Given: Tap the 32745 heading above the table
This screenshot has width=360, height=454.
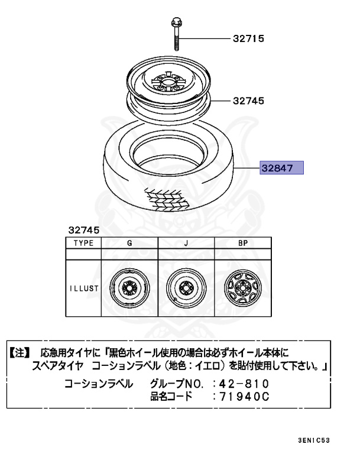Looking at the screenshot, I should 84,229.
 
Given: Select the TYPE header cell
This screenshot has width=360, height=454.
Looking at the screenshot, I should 83,243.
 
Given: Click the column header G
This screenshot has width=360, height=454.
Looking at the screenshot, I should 129,243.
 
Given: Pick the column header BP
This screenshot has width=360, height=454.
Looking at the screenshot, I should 242,243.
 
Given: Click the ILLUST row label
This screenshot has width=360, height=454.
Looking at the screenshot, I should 83,290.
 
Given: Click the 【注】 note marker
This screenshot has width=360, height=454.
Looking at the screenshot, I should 19,352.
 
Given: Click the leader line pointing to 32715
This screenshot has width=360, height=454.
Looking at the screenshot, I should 204,39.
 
